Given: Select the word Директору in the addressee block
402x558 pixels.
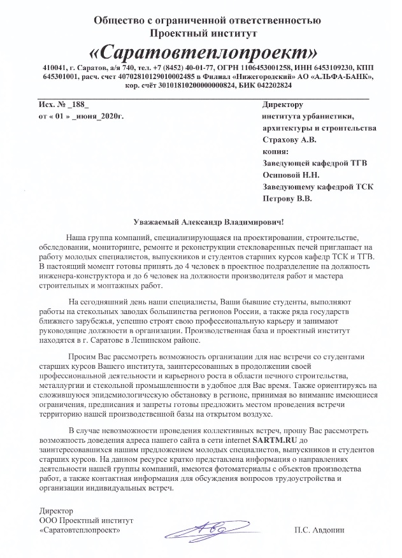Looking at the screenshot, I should (283, 104).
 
